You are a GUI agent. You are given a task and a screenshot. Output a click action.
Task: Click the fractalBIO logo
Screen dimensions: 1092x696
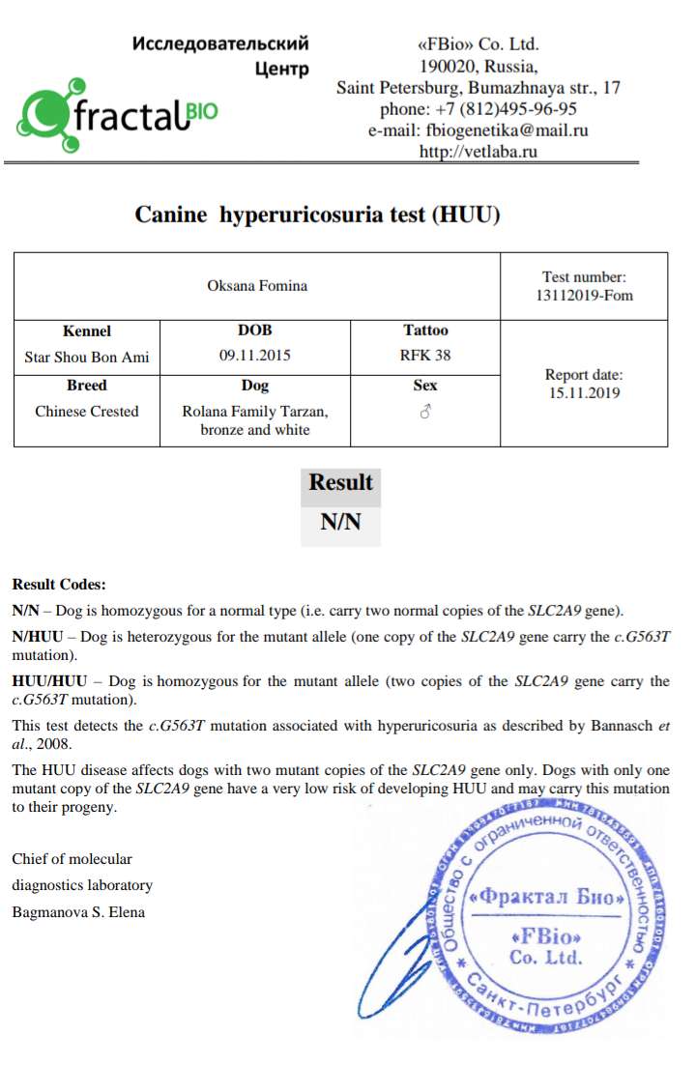116,115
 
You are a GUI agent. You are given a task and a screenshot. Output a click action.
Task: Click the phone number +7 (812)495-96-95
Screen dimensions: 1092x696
478,108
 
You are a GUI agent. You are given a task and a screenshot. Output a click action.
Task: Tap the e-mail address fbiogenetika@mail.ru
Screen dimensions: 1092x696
478,129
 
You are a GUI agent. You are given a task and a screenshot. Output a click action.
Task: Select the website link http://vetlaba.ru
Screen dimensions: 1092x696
478,151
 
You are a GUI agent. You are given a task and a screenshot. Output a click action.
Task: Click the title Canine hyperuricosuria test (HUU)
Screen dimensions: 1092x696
317,215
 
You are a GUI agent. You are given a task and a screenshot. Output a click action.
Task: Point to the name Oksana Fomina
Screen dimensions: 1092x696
257,285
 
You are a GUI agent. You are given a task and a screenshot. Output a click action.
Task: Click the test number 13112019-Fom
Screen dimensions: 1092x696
584,295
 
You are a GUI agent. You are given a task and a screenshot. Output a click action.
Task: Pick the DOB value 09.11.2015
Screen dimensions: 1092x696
255,356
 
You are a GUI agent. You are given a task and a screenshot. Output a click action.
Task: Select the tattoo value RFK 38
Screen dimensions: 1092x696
425,356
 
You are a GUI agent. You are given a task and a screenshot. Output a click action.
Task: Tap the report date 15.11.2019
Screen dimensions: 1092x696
584,393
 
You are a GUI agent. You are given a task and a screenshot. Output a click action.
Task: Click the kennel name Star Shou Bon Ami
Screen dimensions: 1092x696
87,357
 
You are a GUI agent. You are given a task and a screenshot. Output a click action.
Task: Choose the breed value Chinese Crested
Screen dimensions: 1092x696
87,412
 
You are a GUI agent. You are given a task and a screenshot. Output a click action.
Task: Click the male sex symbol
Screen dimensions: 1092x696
425,412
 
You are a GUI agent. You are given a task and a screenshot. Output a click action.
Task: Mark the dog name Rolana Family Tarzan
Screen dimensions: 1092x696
255,412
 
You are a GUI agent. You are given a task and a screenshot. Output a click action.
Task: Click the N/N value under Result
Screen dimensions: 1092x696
340,523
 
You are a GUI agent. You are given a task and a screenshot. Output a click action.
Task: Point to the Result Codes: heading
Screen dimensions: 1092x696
59,585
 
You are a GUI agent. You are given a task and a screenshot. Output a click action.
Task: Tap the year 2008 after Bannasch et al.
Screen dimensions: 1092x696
57,743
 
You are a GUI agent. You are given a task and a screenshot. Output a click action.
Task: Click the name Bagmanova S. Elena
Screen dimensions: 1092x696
78,911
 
